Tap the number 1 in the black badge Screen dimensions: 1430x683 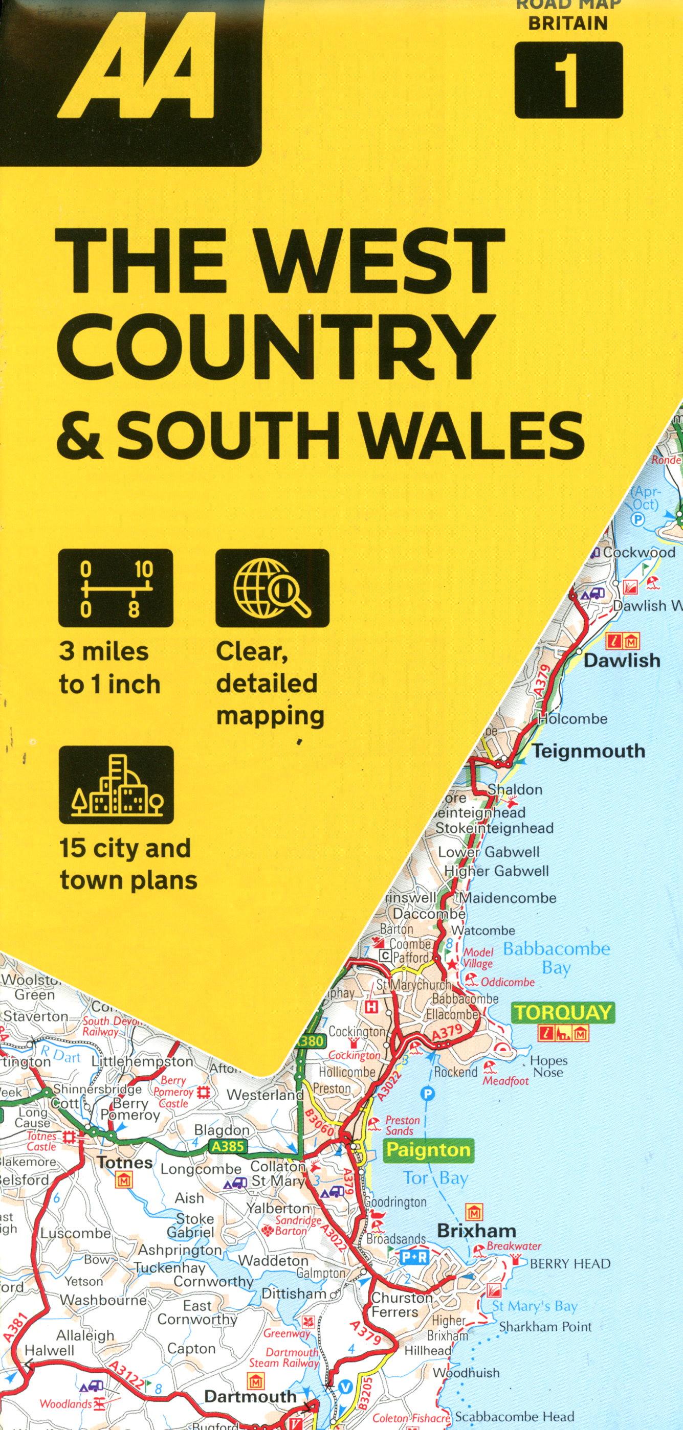[568, 80]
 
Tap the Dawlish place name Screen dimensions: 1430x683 [622, 661]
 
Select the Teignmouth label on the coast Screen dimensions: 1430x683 [588, 751]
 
